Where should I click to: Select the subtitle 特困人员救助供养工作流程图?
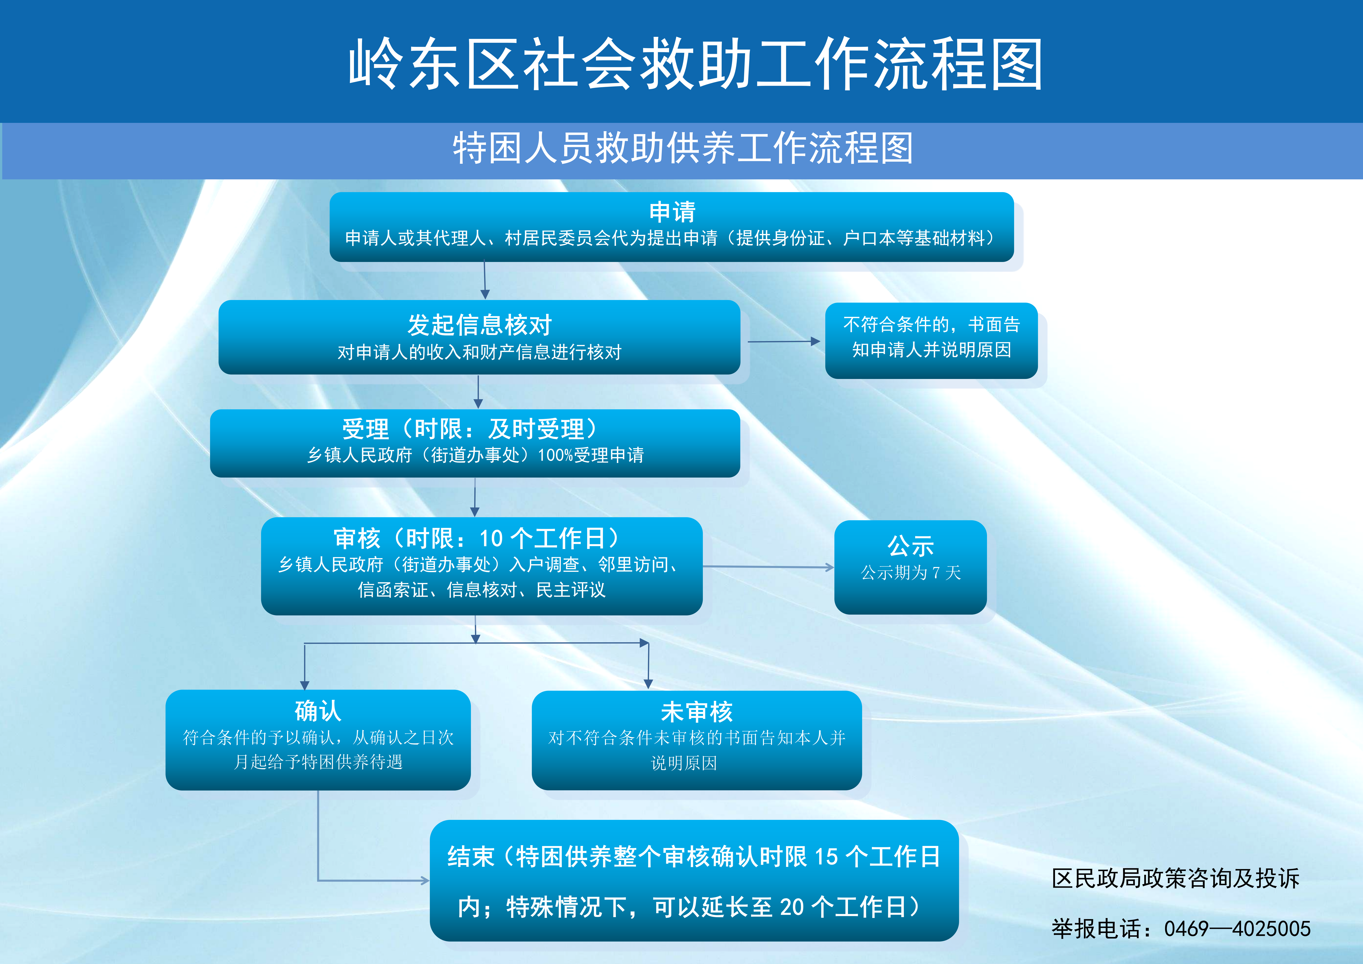pos(683,148)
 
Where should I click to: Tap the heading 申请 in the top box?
pos(672,212)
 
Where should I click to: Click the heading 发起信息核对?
pos(480,325)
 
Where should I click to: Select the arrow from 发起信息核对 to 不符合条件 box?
pos(784,342)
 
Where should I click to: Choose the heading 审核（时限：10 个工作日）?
pos(477,538)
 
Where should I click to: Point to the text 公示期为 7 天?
pos(911,572)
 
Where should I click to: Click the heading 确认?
pos(318,710)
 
